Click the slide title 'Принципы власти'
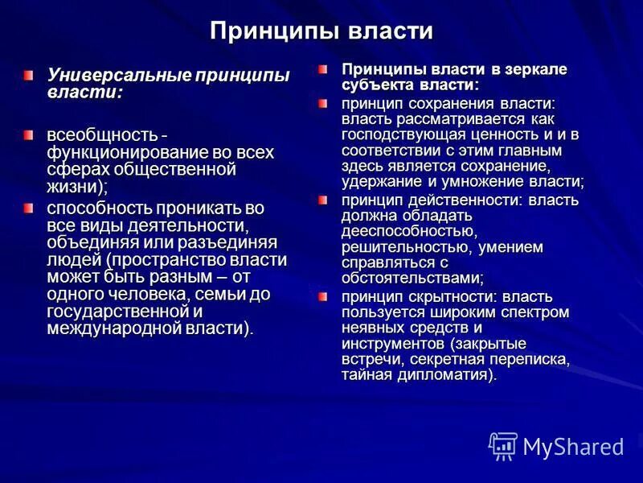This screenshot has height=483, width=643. (321, 31)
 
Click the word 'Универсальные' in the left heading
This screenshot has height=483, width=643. (117, 76)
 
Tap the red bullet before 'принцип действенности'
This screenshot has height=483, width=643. (322, 200)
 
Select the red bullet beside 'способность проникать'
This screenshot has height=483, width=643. (29, 208)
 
